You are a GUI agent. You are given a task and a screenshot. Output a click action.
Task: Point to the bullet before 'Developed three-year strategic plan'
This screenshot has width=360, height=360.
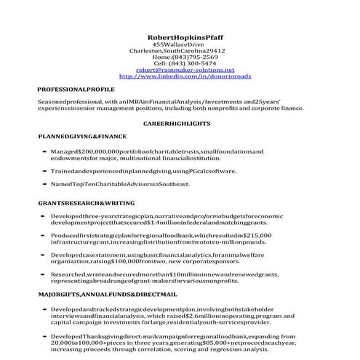(x=45, y=217)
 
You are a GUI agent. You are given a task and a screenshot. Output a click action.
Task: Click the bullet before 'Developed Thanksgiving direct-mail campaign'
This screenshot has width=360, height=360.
(x=45, y=337)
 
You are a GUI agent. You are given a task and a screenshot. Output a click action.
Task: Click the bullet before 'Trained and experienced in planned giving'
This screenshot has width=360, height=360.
(x=45, y=171)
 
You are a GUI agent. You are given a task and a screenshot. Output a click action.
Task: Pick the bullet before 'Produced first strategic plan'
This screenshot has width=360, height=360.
(x=45, y=238)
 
